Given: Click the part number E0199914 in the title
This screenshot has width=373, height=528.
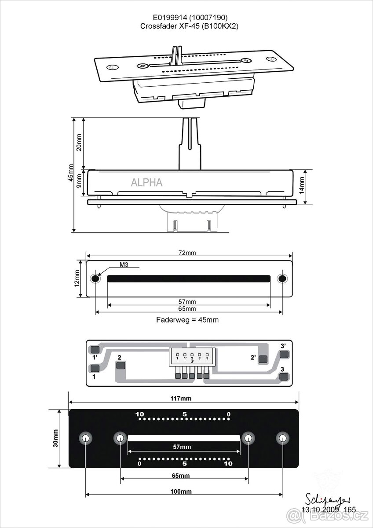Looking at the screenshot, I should (168, 18).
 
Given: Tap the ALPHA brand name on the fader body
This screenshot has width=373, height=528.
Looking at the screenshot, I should (146, 182).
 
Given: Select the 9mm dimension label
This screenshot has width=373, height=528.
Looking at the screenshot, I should (79, 180).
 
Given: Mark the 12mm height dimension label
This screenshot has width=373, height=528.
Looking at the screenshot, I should (77, 279).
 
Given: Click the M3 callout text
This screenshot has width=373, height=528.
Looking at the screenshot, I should (124, 265).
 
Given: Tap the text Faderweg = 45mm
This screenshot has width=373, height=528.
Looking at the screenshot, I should (187, 320).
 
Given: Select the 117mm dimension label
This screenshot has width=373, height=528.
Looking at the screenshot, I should (183, 399).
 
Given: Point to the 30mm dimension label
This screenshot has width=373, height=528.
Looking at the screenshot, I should (56, 438).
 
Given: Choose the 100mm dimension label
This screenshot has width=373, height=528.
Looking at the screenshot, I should (183, 491).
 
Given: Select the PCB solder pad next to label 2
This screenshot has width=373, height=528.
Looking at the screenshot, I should (120, 365).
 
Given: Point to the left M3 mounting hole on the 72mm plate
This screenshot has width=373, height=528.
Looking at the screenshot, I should (95, 279).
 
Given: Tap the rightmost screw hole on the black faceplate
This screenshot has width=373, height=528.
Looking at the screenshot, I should (283, 438).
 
